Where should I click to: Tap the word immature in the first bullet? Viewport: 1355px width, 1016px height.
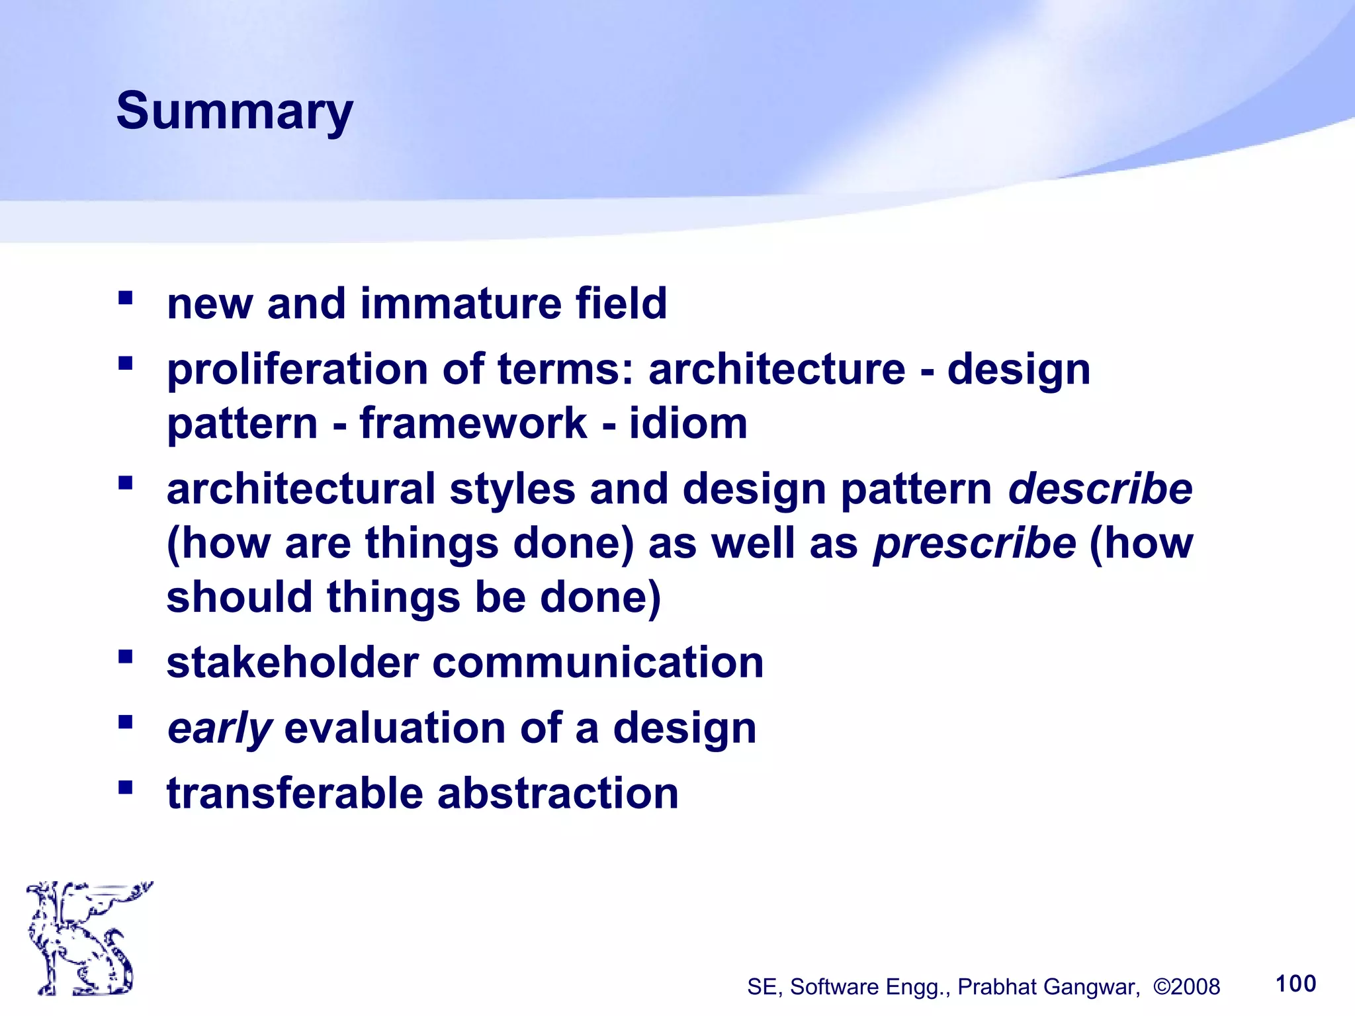pyautogui.click(x=460, y=304)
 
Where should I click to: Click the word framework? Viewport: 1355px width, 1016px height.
pyautogui.click(x=473, y=423)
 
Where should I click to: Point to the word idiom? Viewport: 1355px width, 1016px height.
pyautogui.click(x=688, y=423)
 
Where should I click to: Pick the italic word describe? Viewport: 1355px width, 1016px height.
pyautogui.click(x=1100, y=489)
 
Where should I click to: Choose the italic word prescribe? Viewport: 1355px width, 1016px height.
pyautogui.click(x=975, y=544)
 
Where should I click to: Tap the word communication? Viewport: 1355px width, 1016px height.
pyautogui.click(x=598, y=663)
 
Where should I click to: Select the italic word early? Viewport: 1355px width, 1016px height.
pyautogui.click(x=219, y=729)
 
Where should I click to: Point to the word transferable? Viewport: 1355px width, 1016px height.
pyautogui.click(x=294, y=793)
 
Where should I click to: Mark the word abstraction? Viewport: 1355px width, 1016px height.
pyautogui.click(x=558, y=793)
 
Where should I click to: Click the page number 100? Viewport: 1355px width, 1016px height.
pyautogui.click(x=1295, y=984)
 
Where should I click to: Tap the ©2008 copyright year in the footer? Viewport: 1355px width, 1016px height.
pyautogui.click(x=1186, y=987)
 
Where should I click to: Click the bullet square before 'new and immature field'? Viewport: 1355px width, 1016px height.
pyautogui.click(x=126, y=298)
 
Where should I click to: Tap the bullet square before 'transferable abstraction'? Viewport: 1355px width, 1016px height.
pyautogui.click(x=126, y=787)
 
